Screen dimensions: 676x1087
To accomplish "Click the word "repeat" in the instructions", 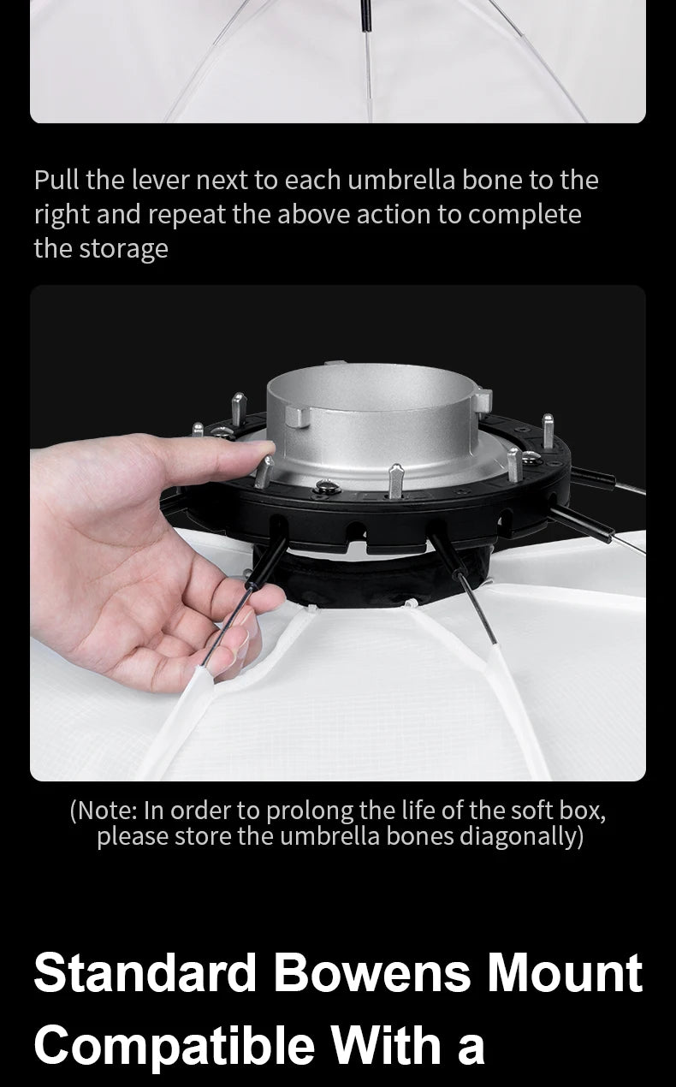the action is coord(187,216).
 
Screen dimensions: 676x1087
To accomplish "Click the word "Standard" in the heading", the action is coord(145,973).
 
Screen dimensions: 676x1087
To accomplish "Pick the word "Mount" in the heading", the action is coord(565,973).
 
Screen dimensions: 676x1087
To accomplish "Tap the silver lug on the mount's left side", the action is coord(297,416).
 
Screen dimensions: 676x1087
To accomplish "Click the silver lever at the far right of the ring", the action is coord(548,431).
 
